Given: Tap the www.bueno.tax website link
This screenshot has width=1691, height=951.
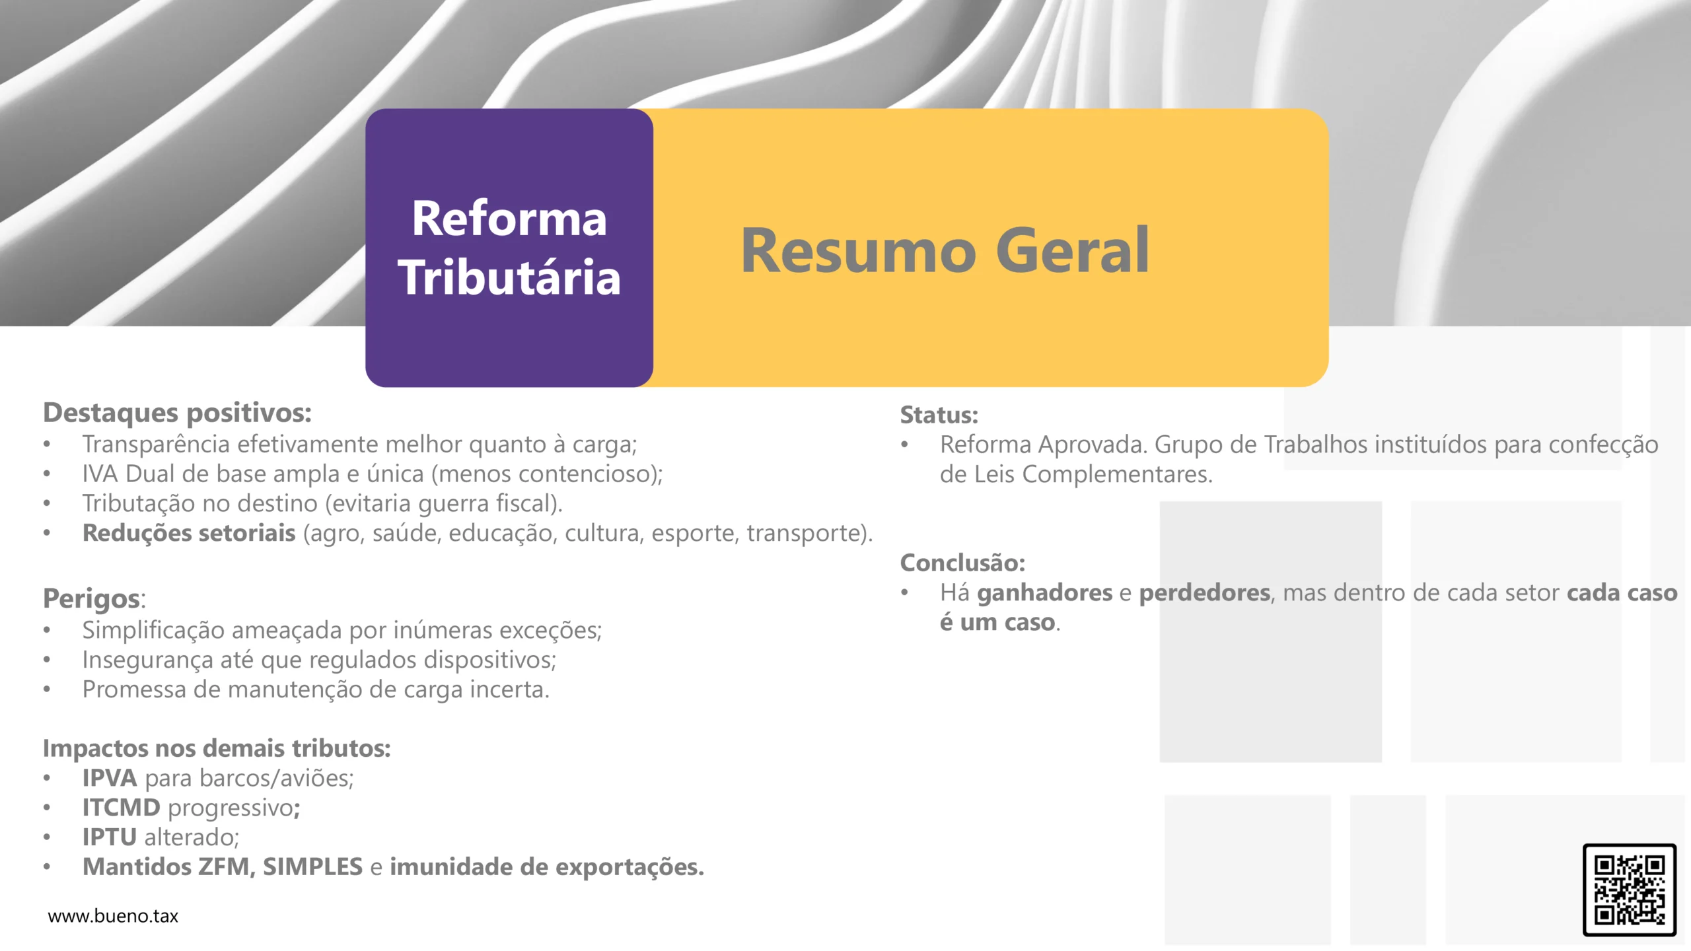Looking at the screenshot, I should tap(113, 916).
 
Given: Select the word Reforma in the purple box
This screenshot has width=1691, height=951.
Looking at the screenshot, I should tap(509, 219).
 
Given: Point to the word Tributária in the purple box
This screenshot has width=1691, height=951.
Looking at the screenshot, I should tap(509, 277).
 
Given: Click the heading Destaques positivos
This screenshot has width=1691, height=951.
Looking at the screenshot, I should tap(177, 413).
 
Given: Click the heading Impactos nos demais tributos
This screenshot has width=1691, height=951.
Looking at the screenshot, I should tap(217, 748).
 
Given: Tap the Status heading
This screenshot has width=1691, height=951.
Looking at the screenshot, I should tap(939, 415).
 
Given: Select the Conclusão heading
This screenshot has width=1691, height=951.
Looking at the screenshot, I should tap(962, 563).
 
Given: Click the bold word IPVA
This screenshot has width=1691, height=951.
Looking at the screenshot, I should tap(109, 778).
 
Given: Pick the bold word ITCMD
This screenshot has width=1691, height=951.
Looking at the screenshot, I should tap(121, 808).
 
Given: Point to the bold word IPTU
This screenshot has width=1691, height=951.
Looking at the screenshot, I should tap(109, 837).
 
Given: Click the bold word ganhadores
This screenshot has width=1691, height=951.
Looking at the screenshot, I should tap(1044, 593).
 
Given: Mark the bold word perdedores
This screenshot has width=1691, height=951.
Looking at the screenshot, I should tap(1205, 593).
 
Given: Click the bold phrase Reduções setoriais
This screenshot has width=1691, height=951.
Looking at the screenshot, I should tap(188, 533).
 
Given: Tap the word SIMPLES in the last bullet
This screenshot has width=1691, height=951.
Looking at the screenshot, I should tap(312, 867).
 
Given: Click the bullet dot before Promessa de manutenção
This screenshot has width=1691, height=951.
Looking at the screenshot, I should tap(47, 690).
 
